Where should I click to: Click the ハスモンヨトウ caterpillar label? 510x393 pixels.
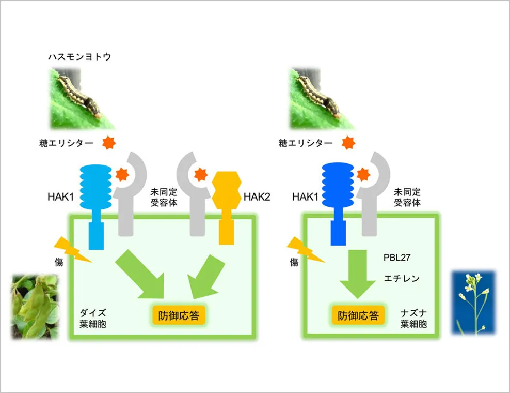coord(79,57)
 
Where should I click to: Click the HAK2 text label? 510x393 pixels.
coord(257,197)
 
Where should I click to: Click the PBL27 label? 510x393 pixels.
coord(397,258)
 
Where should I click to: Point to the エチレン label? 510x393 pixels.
coord(402,278)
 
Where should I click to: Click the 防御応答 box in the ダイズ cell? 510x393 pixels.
coord(179,315)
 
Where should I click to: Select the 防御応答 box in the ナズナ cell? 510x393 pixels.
coord(358,315)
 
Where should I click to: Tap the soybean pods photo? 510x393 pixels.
coord(36,307)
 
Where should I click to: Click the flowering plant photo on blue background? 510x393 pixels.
coord(474,303)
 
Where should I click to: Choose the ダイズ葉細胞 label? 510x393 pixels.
coord(93,319)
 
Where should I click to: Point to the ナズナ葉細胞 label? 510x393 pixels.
coord(413,319)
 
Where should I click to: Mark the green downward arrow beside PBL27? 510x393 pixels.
coord(358,274)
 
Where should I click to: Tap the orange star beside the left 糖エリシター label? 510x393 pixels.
coord(109,143)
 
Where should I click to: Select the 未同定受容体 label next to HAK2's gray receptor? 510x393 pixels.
coord(164,198)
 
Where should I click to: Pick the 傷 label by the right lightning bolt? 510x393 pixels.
coord(294,262)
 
